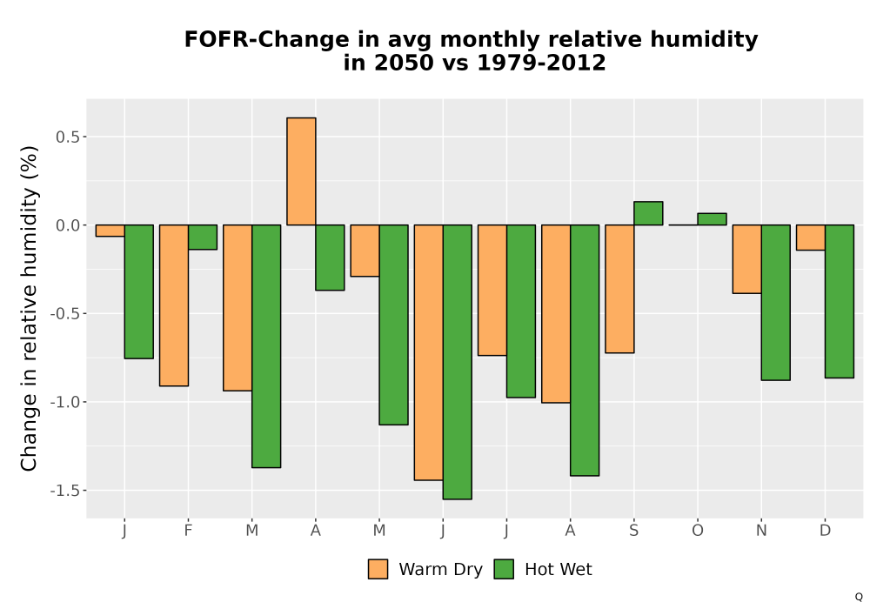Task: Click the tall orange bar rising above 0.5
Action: pos(301,171)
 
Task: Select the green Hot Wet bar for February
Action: pos(203,238)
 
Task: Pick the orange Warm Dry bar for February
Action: pos(174,305)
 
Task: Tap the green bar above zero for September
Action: pos(648,213)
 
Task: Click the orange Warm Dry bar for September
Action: pos(619,289)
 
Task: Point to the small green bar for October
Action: pos(712,219)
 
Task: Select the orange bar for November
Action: pos(746,259)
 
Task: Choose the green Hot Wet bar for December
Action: pos(839,301)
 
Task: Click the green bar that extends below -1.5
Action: pos(458,362)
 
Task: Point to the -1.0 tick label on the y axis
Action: pos(65,402)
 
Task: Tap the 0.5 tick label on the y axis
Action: pos(68,137)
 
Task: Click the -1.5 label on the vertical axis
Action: pos(65,491)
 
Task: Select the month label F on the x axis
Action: pos(188,531)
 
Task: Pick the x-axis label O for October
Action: pos(698,531)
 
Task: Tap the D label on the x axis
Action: pos(825,531)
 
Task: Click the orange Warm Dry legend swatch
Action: pos(378,569)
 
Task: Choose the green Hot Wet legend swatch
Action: pos(504,569)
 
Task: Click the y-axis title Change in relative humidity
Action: pos(29,308)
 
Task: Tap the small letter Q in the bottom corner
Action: pos(859,597)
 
